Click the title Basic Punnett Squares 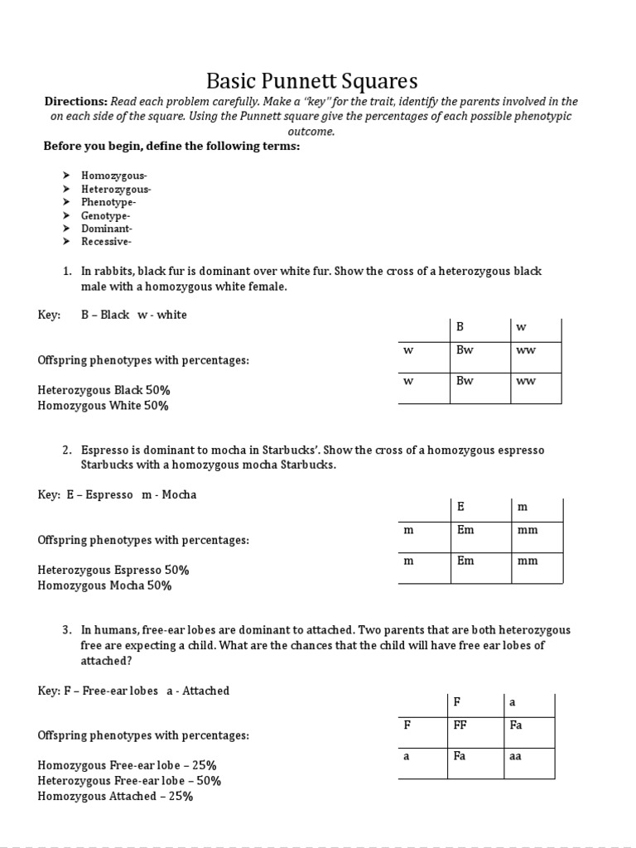pyautogui.click(x=311, y=81)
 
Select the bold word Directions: pyautogui.click(x=75, y=101)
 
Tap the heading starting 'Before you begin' pyautogui.click(x=171, y=147)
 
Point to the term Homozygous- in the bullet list pyautogui.click(x=113, y=176)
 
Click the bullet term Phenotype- pyautogui.click(x=108, y=202)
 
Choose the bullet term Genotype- pyautogui.click(x=107, y=215)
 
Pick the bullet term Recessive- pyautogui.click(x=107, y=242)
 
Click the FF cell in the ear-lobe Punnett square pyautogui.click(x=462, y=725)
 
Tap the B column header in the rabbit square pyautogui.click(x=460, y=327)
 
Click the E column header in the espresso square pyautogui.click(x=460, y=506)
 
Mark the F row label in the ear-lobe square pyautogui.click(x=407, y=725)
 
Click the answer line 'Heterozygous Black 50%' pyautogui.click(x=104, y=390)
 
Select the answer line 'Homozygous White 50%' pyautogui.click(x=103, y=406)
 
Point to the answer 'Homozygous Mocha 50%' pyautogui.click(x=104, y=585)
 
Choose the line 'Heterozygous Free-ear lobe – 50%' pyautogui.click(x=129, y=781)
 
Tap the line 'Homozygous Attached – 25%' pyautogui.click(x=115, y=797)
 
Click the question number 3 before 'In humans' pyautogui.click(x=66, y=630)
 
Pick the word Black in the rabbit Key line pyautogui.click(x=114, y=316)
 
